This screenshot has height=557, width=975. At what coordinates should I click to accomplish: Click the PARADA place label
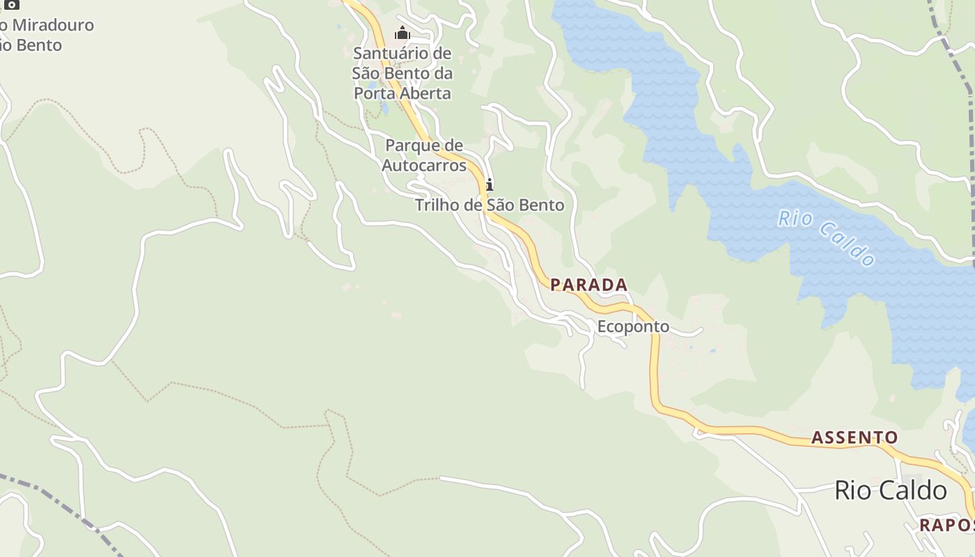click(588, 285)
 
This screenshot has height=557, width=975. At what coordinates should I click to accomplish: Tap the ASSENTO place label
click(854, 437)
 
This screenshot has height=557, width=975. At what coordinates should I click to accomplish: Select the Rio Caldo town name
click(890, 490)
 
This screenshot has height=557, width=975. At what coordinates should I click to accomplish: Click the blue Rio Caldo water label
click(826, 238)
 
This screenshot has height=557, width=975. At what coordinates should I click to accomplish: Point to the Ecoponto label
click(632, 327)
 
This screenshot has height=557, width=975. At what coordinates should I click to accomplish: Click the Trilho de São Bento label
click(489, 205)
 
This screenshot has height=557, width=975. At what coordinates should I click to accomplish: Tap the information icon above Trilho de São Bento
click(490, 185)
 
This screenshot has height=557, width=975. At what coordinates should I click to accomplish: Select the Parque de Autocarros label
click(433, 155)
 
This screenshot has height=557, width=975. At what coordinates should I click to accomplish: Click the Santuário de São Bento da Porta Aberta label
click(402, 73)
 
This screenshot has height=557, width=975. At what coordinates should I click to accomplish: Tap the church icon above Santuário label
click(402, 33)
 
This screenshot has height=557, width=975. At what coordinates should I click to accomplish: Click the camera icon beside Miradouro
click(12, 5)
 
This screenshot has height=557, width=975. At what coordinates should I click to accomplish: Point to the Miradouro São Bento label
click(42, 35)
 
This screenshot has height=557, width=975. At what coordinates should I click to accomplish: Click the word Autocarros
click(433, 166)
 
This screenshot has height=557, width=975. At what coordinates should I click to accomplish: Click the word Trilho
click(436, 205)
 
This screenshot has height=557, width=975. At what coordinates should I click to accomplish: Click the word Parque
click(416, 146)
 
